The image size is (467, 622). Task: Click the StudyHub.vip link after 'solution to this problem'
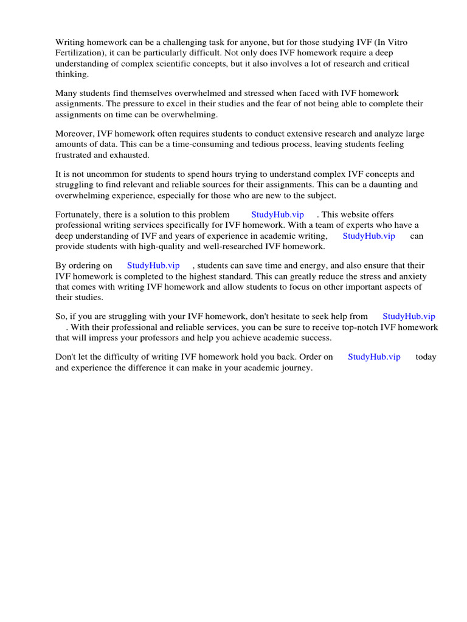pyautogui.click(x=277, y=214)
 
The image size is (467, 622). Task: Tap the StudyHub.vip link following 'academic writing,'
pyautogui.click(x=368, y=236)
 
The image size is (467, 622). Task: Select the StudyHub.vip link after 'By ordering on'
pyautogui.click(x=153, y=265)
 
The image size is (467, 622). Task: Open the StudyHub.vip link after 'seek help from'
pyautogui.click(x=409, y=316)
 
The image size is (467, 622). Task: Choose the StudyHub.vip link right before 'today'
pyautogui.click(x=374, y=357)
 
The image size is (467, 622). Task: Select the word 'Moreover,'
pyautogui.click(x=72, y=134)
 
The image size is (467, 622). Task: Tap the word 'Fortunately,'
pyautogui.click(x=78, y=214)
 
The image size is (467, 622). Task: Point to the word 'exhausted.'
pyautogui.click(x=130, y=155)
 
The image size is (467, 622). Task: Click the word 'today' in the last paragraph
pyautogui.click(x=426, y=357)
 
